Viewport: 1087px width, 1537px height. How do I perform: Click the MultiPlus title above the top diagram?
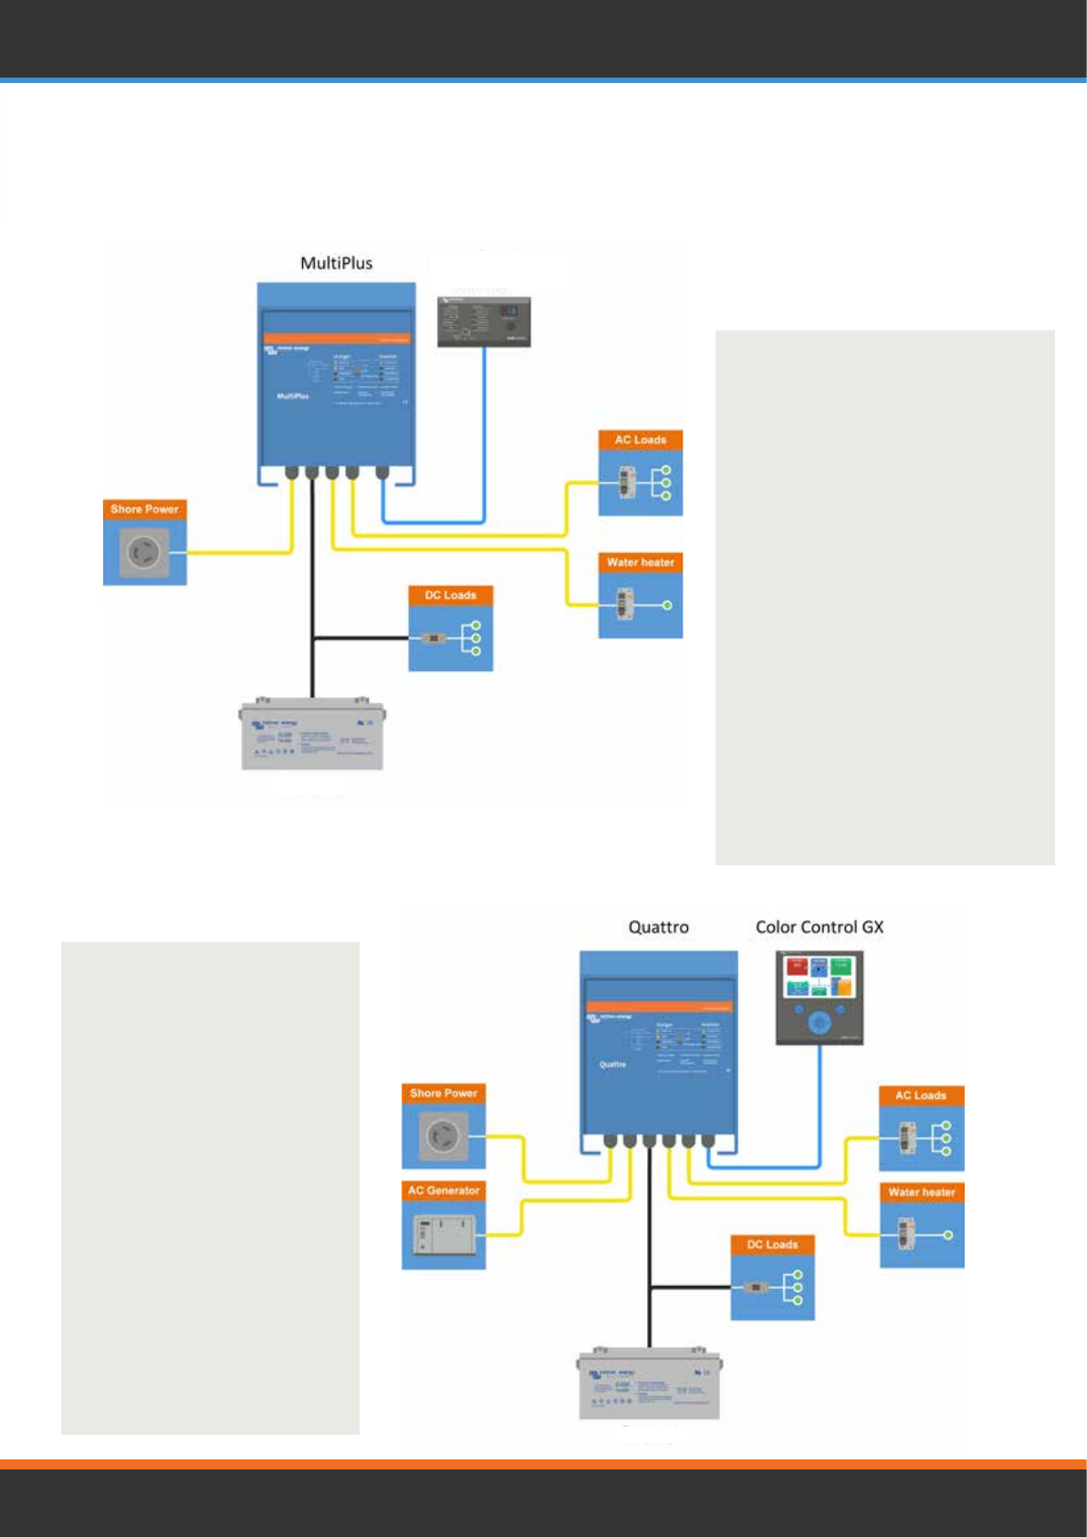336,264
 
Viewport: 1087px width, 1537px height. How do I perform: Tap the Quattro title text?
658,927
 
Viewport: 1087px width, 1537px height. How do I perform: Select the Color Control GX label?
819,927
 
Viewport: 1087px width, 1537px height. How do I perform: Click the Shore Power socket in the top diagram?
143,552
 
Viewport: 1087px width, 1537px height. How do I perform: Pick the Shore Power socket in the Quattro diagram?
443,1136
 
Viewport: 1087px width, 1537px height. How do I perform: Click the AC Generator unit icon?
444,1235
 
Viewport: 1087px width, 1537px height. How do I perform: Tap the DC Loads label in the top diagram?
450,595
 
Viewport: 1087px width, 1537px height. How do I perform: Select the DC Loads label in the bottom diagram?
772,1245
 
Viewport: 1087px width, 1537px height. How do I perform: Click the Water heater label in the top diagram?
640,562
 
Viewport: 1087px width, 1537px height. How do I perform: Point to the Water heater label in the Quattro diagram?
921,1192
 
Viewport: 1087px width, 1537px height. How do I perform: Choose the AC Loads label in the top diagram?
640,440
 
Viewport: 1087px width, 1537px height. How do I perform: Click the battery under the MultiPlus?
312,736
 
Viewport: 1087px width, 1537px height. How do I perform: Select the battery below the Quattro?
649,1385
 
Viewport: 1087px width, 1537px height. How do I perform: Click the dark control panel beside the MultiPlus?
484,320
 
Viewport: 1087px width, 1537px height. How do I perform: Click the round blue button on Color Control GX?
819,1023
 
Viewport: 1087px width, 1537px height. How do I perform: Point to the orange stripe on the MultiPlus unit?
337,339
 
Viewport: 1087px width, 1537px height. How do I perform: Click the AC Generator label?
444,1190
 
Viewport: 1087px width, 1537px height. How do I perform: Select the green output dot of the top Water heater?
667,605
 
